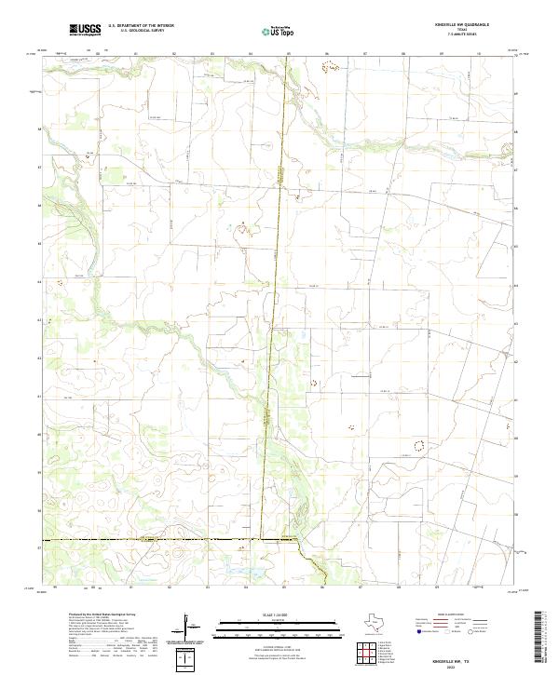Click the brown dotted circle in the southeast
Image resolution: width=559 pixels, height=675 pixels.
click(418, 444)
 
